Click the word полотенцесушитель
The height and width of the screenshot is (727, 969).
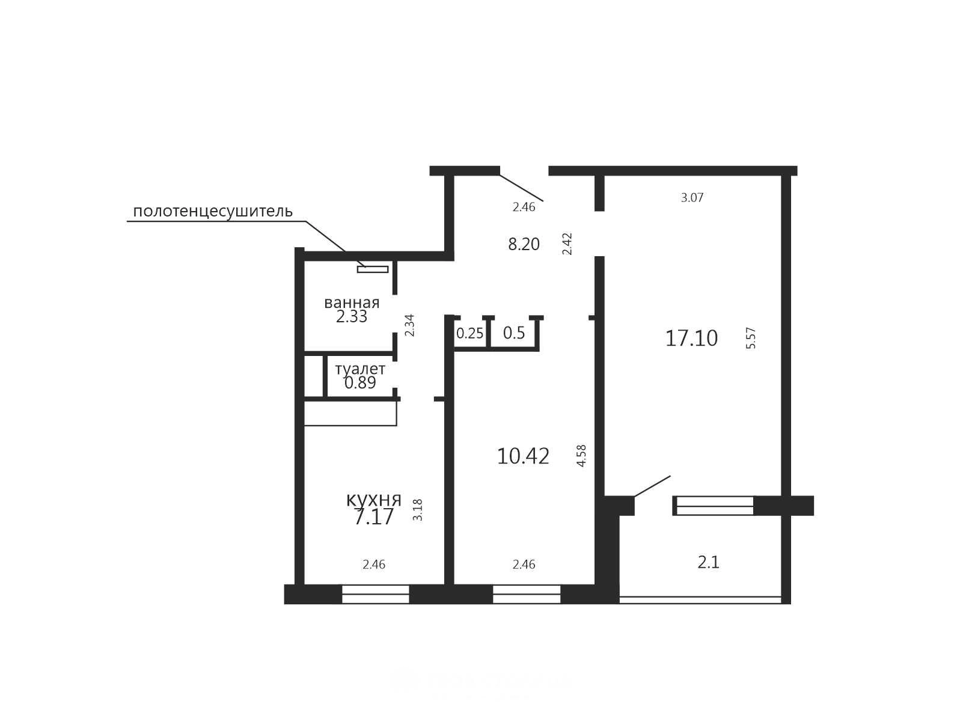click(212, 212)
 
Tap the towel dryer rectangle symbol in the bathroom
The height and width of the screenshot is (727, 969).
click(373, 269)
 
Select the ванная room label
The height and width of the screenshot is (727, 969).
click(352, 303)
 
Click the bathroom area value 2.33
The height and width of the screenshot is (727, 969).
click(352, 316)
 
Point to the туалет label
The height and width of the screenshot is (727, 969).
click(360, 369)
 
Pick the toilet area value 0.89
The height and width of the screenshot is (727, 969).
click(360, 382)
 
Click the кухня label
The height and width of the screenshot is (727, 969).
click(373, 500)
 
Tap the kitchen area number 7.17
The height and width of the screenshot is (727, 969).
click(373, 517)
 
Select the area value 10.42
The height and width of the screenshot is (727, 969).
click(523, 456)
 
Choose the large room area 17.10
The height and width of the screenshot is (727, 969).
click(691, 339)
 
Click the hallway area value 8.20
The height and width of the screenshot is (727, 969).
click(524, 244)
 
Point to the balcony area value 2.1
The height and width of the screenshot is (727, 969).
click(708, 562)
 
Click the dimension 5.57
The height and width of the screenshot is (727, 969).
click(751, 338)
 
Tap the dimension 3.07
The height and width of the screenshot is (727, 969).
click(692, 198)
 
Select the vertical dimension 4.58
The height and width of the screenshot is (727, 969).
click(581, 456)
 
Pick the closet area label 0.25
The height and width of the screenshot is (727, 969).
click(469, 333)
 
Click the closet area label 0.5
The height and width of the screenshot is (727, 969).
click(514, 333)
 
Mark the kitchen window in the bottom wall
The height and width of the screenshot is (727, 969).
click(375, 594)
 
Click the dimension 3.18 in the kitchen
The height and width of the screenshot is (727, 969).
click(417, 510)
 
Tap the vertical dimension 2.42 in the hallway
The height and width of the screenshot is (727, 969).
click(567, 244)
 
